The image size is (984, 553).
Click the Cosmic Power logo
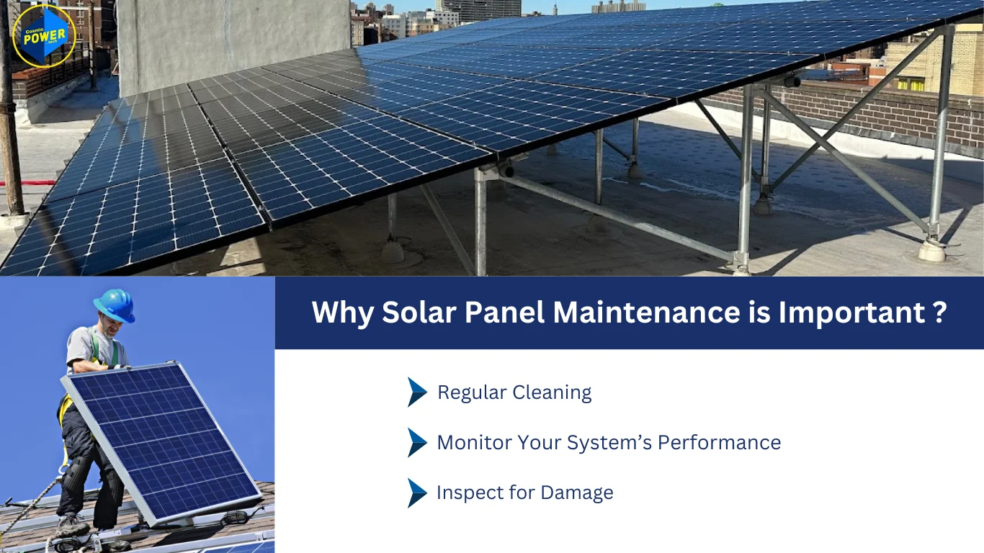44,35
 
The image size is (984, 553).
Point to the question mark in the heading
939,313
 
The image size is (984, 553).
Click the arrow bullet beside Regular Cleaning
417,392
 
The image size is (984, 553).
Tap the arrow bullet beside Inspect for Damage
417,493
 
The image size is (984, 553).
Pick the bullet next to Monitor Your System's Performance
417,442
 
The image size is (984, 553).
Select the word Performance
719,442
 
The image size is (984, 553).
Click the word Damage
577,493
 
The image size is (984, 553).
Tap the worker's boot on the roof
73,526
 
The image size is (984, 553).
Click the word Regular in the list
472,392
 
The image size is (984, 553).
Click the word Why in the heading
341,313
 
